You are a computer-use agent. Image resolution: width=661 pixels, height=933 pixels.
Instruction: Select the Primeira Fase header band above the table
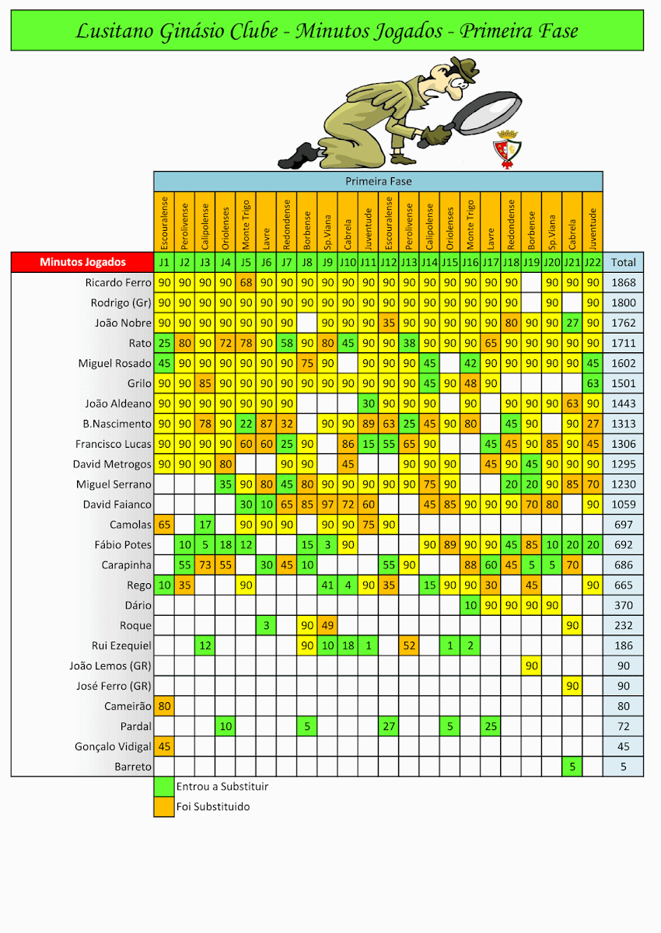(378, 181)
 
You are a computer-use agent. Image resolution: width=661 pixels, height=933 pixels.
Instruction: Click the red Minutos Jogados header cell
(82, 262)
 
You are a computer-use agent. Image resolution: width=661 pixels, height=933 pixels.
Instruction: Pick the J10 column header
(348, 263)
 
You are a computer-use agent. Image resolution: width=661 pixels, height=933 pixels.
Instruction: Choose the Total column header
(623, 263)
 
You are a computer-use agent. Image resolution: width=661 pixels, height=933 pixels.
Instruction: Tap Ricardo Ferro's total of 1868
(623, 282)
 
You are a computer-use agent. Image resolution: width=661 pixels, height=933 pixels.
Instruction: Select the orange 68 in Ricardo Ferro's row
(246, 282)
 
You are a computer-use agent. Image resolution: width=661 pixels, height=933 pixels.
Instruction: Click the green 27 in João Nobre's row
(572, 323)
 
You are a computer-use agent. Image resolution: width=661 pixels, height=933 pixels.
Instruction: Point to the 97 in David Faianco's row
(327, 505)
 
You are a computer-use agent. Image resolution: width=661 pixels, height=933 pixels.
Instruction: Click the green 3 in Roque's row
(266, 625)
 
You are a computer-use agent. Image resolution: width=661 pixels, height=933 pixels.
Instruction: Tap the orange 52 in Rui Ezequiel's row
(409, 645)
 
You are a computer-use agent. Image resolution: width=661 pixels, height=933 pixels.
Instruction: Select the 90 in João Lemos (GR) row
(532, 666)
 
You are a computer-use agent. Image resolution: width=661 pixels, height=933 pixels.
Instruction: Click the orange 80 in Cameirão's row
(164, 706)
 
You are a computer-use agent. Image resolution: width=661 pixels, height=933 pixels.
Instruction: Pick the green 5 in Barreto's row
(572, 767)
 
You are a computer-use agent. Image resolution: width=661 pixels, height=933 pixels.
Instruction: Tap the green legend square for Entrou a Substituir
(164, 787)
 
